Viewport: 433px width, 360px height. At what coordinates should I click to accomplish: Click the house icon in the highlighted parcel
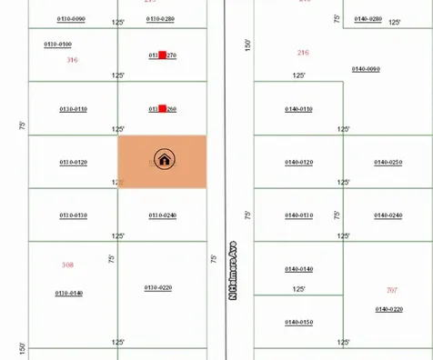164,160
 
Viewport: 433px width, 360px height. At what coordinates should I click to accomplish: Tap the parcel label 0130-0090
71,18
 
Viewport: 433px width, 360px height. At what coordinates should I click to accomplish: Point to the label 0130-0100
58,44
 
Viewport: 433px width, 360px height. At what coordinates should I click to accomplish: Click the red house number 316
72,60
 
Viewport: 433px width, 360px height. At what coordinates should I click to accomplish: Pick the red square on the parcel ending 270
162,55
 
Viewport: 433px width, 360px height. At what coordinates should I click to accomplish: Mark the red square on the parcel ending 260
162,109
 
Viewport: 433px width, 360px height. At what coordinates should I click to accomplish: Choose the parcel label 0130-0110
73,109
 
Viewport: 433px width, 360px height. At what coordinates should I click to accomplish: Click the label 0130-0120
73,162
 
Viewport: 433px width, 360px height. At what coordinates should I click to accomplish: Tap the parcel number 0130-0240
162,215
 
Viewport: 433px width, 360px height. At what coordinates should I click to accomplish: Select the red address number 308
67,265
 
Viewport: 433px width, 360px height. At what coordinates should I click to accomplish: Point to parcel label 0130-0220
158,287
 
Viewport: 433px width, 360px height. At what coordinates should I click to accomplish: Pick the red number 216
303,53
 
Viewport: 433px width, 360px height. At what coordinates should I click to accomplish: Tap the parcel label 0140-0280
368,18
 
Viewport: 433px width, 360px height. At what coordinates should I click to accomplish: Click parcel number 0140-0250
388,162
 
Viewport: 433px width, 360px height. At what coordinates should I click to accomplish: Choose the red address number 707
392,290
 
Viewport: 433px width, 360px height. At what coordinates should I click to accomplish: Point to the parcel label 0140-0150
298,322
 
